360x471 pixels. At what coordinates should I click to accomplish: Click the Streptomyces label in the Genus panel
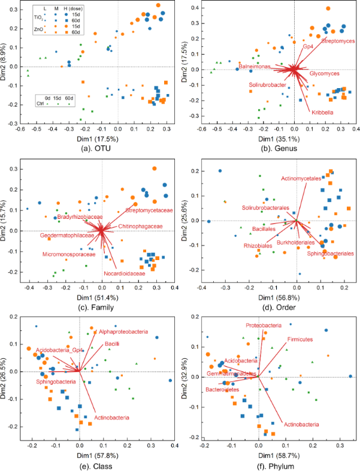tap(338, 41)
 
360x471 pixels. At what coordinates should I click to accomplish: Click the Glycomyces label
tap(324, 73)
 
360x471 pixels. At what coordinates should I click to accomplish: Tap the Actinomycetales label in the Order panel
tap(301, 179)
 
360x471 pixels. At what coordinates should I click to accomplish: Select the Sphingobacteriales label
tap(330, 253)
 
